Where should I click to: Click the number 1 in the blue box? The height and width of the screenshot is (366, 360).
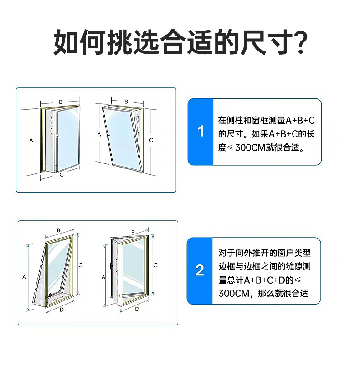pyautogui.click(x=201, y=132)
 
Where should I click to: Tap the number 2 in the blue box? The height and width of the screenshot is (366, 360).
pyautogui.click(x=200, y=270)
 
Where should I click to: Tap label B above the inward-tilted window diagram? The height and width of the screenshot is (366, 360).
pyautogui.click(x=126, y=102)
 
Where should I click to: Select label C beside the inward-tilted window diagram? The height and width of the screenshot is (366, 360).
pyautogui.click(x=151, y=140)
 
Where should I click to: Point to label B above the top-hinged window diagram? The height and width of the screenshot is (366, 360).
pyautogui.click(x=59, y=230)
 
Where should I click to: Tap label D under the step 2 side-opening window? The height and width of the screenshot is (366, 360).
pyautogui.click(x=137, y=309)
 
